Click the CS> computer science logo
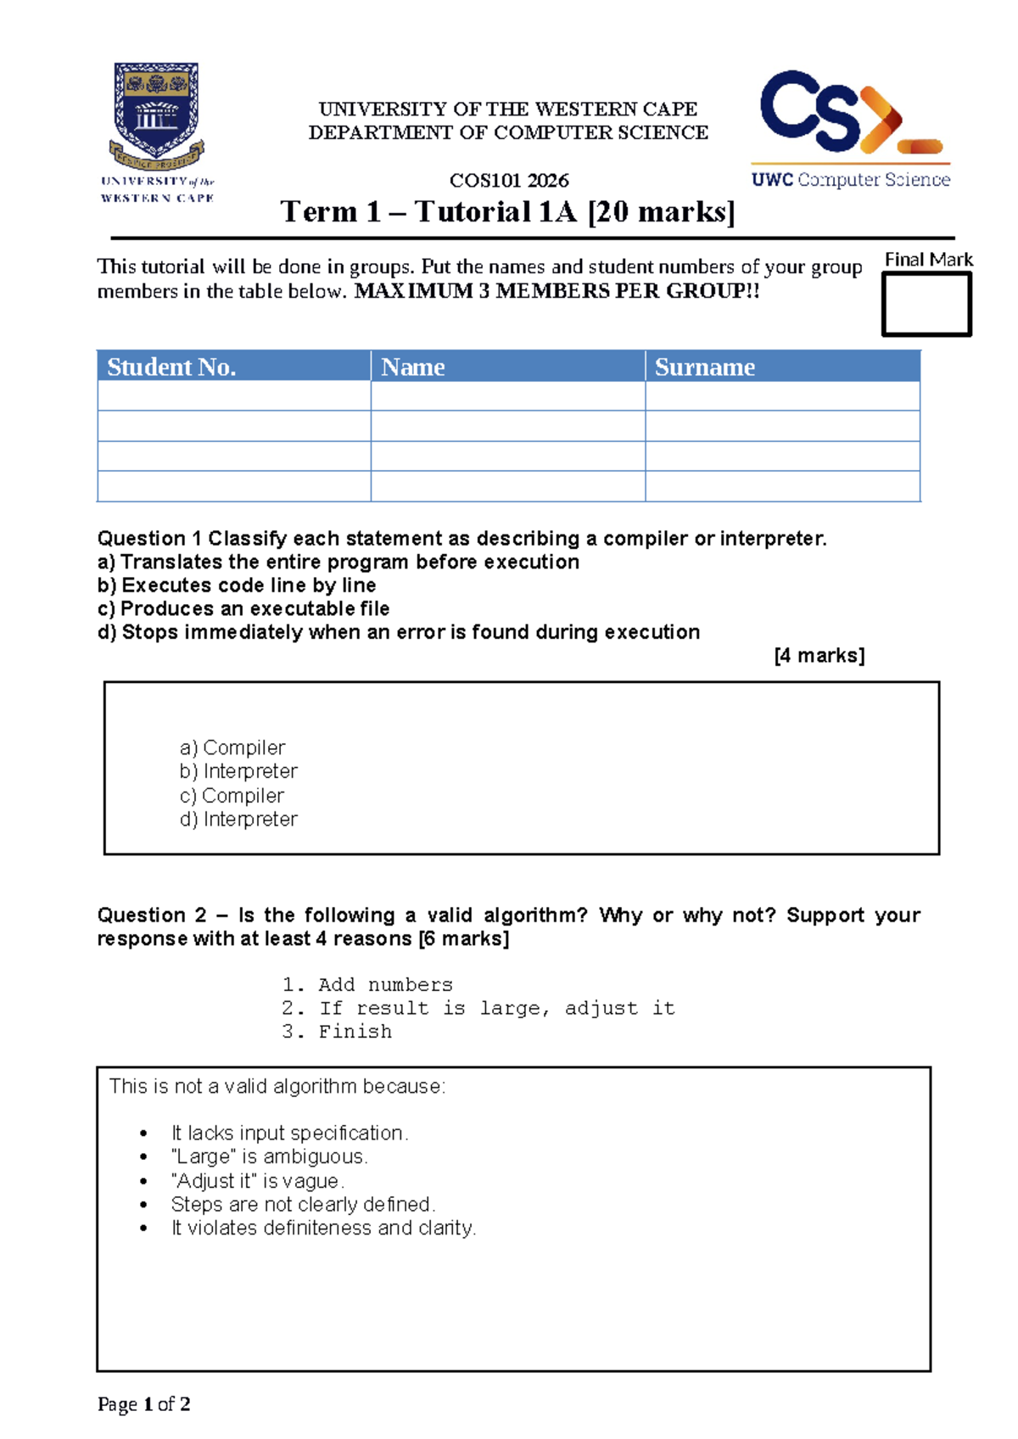pyautogui.click(x=850, y=127)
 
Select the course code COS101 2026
pyautogui.click(x=509, y=180)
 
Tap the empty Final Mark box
pyautogui.click(x=926, y=305)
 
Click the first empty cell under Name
pyautogui.click(x=507, y=396)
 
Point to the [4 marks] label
pyautogui.click(x=819, y=655)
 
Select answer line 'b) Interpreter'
pyautogui.click(x=238, y=771)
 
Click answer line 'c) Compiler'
pyautogui.click(x=232, y=796)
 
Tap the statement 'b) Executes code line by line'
pyautogui.click(x=237, y=585)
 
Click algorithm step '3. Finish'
pyautogui.click(x=337, y=1032)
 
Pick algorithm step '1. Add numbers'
pyautogui.click(x=367, y=984)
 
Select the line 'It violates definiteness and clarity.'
pyautogui.click(x=323, y=1228)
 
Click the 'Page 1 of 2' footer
pyautogui.click(x=143, y=1404)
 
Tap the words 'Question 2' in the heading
pyautogui.click(x=151, y=915)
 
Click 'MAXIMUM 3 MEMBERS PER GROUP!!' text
pyautogui.click(x=557, y=291)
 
